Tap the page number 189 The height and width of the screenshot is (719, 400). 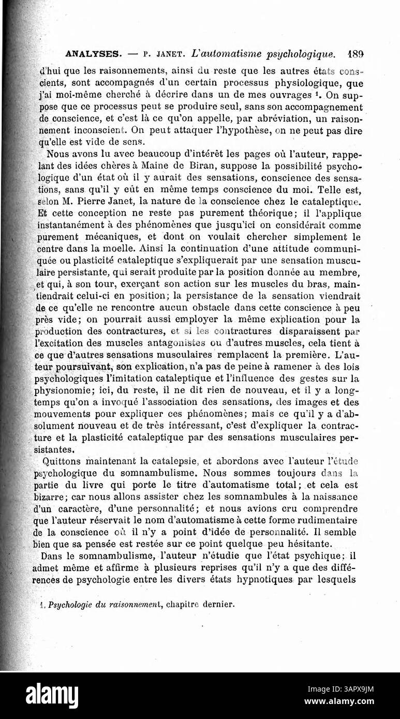(x=357, y=53)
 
